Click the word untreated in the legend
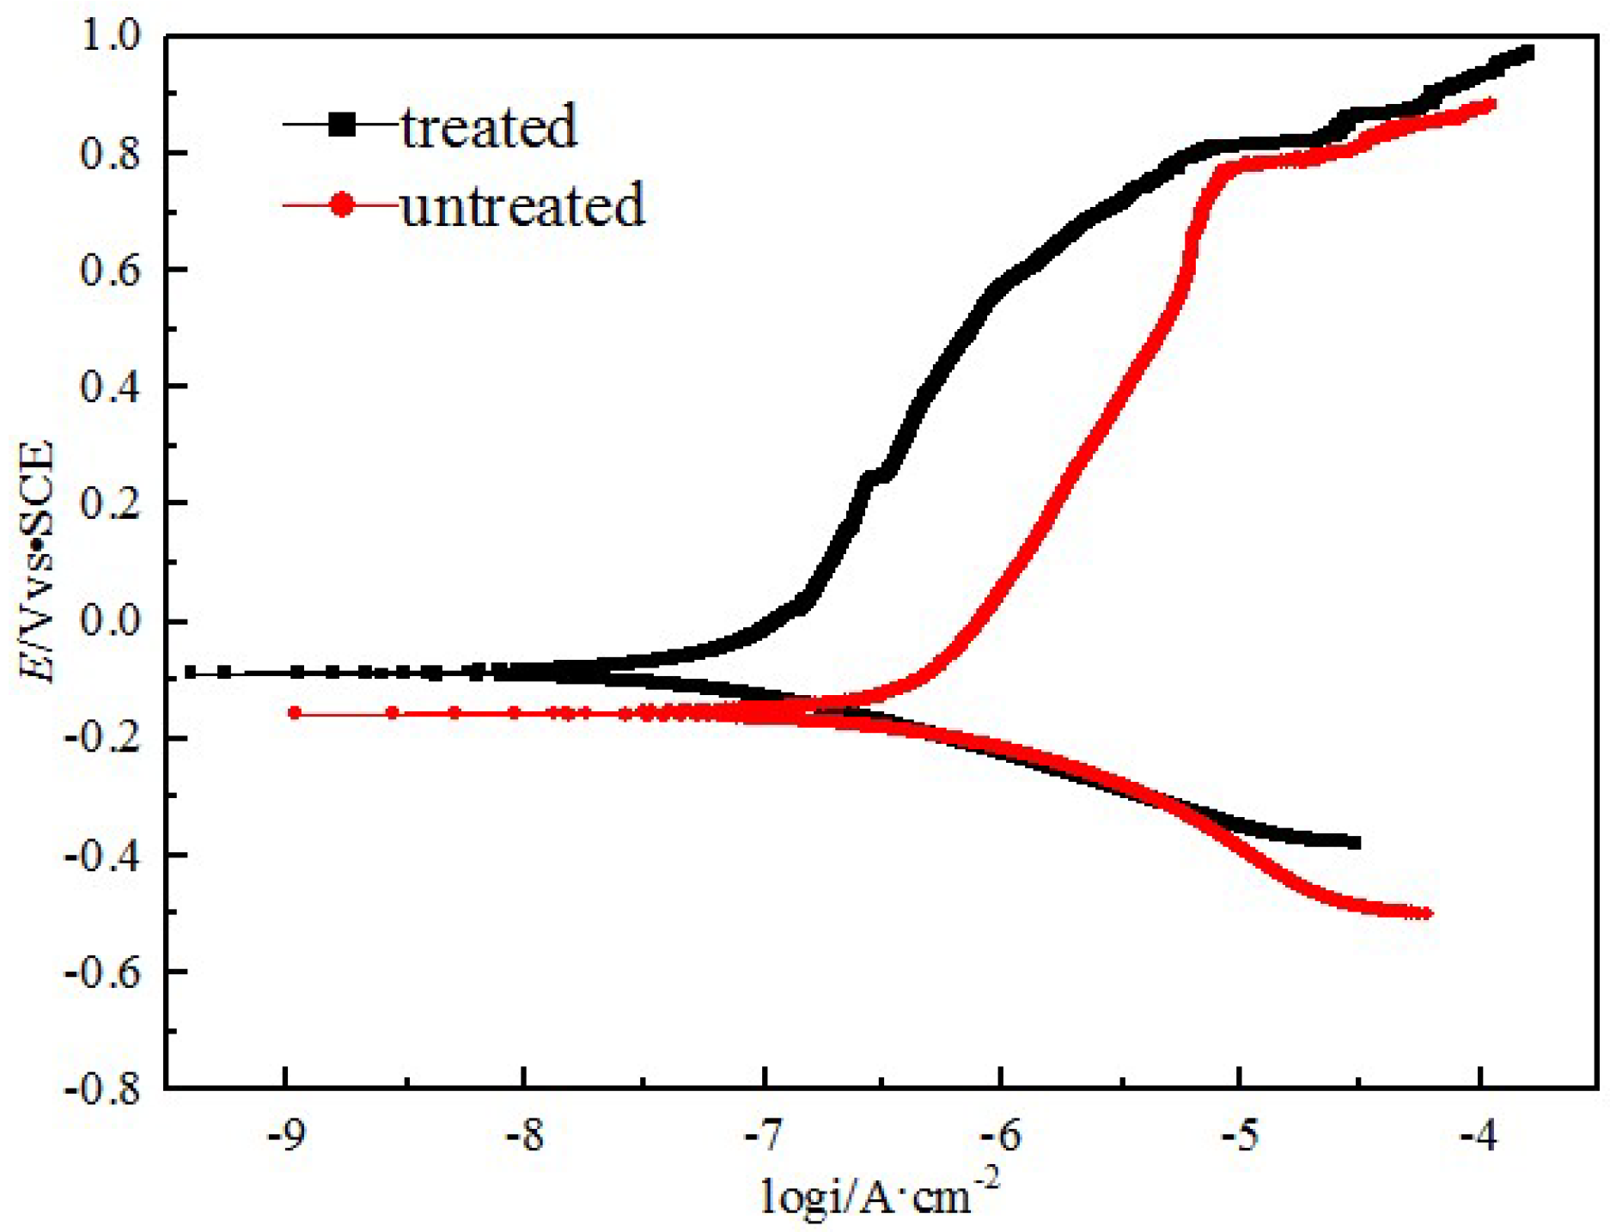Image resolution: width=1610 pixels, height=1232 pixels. [522, 205]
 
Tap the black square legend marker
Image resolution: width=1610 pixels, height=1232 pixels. [342, 125]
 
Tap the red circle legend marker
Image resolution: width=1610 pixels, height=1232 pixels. [342, 204]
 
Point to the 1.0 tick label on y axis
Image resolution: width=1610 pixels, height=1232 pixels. [110, 36]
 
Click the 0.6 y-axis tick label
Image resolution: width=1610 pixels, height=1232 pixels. [110, 270]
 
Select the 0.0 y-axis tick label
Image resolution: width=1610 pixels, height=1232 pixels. [110, 620]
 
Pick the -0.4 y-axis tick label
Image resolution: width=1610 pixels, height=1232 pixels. [101, 855]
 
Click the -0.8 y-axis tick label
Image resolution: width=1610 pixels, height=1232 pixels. [101, 1089]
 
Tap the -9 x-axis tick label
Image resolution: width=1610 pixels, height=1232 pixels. [285, 1136]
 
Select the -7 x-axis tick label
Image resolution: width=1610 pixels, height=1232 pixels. [762, 1136]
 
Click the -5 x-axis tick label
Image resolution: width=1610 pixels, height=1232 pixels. [1239, 1136]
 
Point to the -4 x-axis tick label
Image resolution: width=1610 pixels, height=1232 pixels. [1478, 1136]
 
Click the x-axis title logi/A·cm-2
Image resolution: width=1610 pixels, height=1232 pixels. [881, 1196]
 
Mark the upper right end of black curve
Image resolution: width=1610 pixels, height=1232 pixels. [1527, 53]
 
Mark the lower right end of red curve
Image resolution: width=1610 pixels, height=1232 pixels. [1426, 913]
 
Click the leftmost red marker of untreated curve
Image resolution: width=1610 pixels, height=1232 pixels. [295, 712]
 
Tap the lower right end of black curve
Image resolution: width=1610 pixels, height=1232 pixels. [1355, 842]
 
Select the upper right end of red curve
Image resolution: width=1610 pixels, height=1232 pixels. [1491, 105]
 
